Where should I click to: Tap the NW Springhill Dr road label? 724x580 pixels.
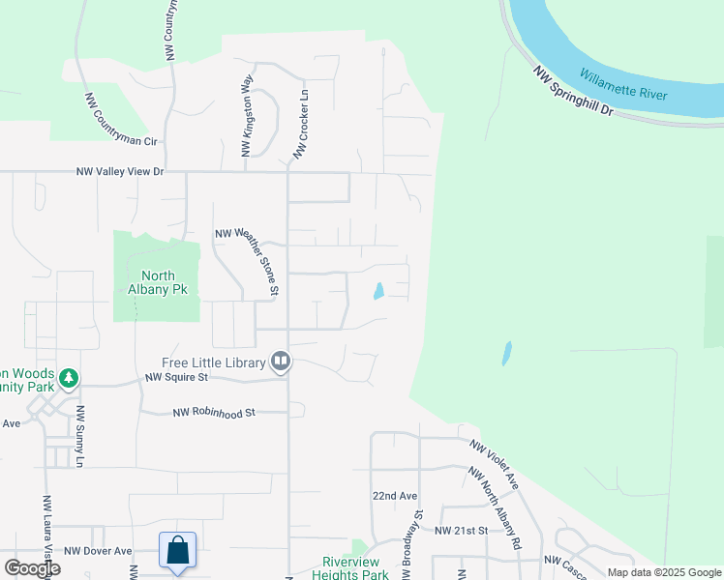[573, 91]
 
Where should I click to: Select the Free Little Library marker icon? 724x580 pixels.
[281, 362]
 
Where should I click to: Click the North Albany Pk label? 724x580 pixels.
[157, 281]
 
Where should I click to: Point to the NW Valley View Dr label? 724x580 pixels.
[121, 172]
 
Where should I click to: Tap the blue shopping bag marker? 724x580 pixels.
[178, 550]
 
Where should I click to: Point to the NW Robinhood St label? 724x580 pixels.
[213, 413]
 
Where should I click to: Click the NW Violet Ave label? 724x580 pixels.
[495, 465]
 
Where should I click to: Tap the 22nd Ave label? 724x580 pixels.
[394, 495]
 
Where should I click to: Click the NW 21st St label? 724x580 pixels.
[463, 531]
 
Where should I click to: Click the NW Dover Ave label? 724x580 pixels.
[98, 551]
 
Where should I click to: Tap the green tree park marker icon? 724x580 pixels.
[69, 377]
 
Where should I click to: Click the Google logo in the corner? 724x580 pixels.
[33, 568]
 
